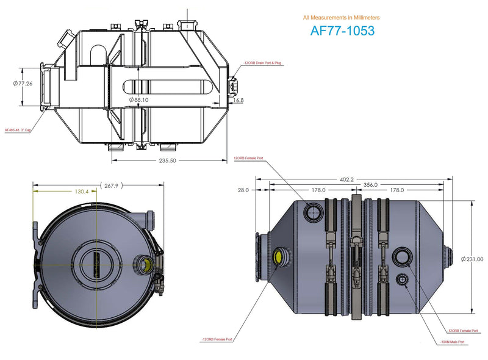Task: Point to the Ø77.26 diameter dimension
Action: (24, 84)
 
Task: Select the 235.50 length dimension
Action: (168, 161)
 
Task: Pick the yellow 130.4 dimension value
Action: (82, 192)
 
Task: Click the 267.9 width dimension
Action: (111, 185)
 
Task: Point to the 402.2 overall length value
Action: (346, 180)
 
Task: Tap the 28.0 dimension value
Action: (243, 190)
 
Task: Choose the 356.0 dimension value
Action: (370, 184)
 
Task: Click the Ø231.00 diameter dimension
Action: (472, 259)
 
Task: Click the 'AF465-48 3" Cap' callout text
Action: (18, 130)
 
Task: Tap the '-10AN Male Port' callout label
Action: (451, 342)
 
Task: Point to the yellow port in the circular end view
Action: (145, 264)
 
